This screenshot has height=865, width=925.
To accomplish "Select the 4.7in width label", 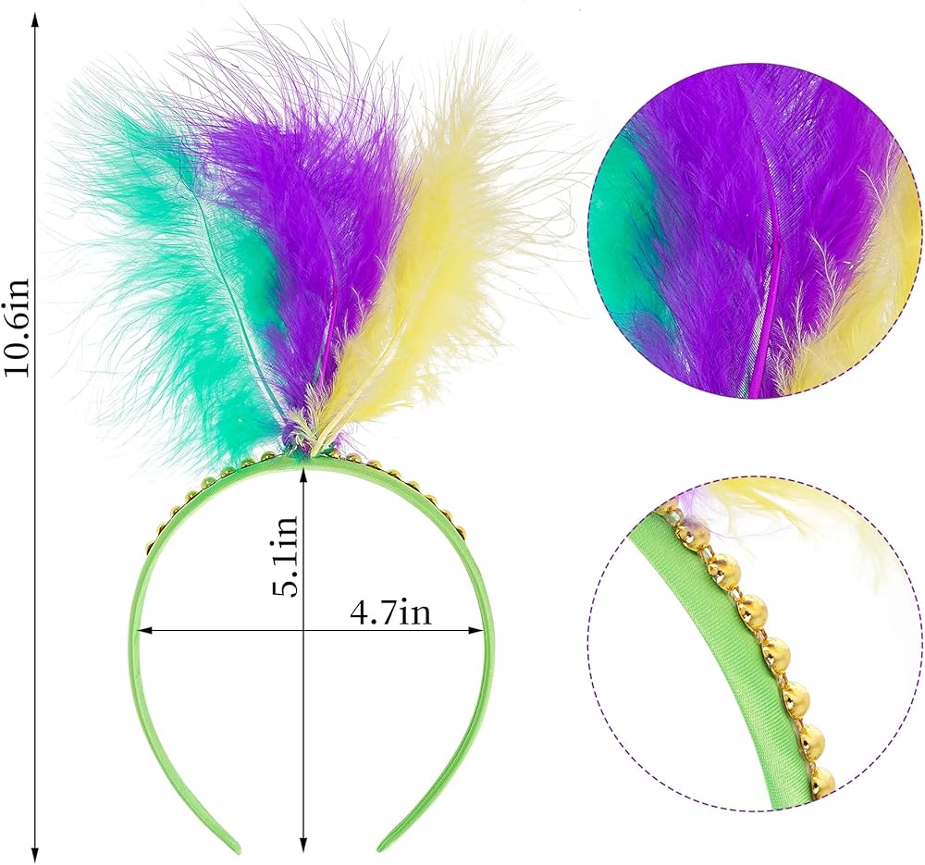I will point(390,613).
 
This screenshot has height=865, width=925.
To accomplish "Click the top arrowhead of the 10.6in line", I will point(36,20).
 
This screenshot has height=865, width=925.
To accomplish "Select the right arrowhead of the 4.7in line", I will point(484,632).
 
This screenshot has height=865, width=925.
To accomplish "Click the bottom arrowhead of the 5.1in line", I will point(303,847).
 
